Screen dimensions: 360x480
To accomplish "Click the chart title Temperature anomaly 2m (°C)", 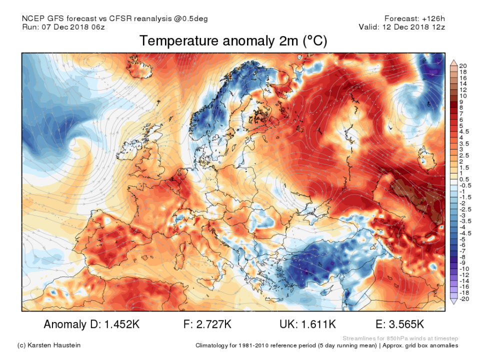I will tap(233, 41).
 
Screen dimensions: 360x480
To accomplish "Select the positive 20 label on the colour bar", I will tap(462, 66).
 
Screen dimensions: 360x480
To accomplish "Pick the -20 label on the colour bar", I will tap(463, 298).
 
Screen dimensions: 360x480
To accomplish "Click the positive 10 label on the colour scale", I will tap(462, 95).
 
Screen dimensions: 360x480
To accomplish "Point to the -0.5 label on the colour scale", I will tap(464, 185).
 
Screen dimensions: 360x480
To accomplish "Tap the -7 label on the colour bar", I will tap(462, 250).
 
